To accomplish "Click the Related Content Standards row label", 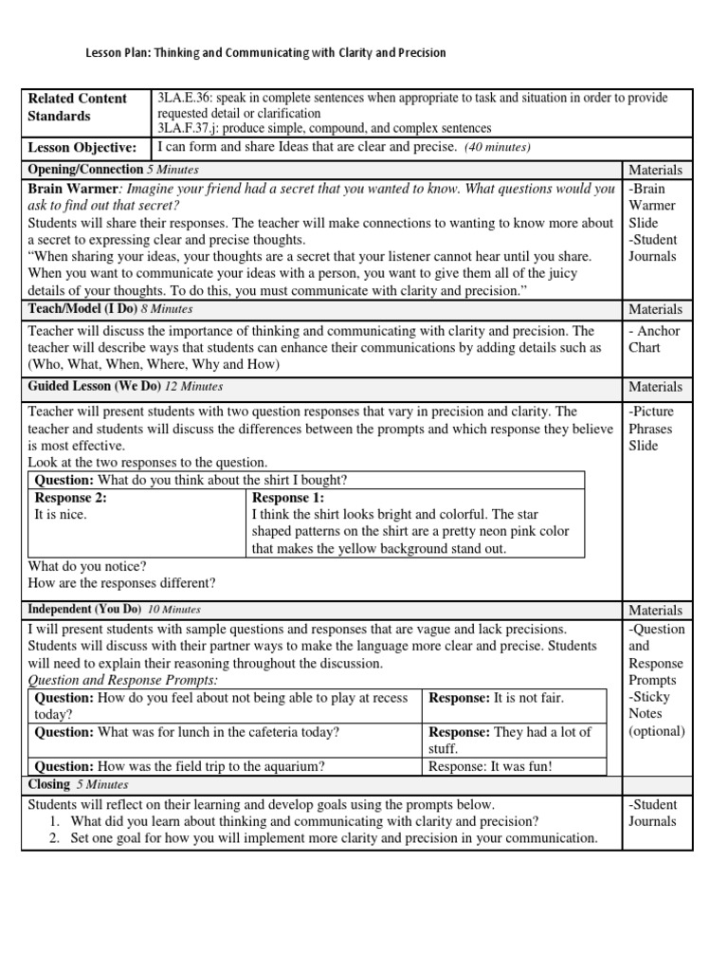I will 78,107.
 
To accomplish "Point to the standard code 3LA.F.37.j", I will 191,128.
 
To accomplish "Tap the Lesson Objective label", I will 82,148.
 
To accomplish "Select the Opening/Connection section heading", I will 85,170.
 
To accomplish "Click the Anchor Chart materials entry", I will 653,339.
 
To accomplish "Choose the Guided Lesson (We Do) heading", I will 96,387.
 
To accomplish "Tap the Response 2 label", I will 70,498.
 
